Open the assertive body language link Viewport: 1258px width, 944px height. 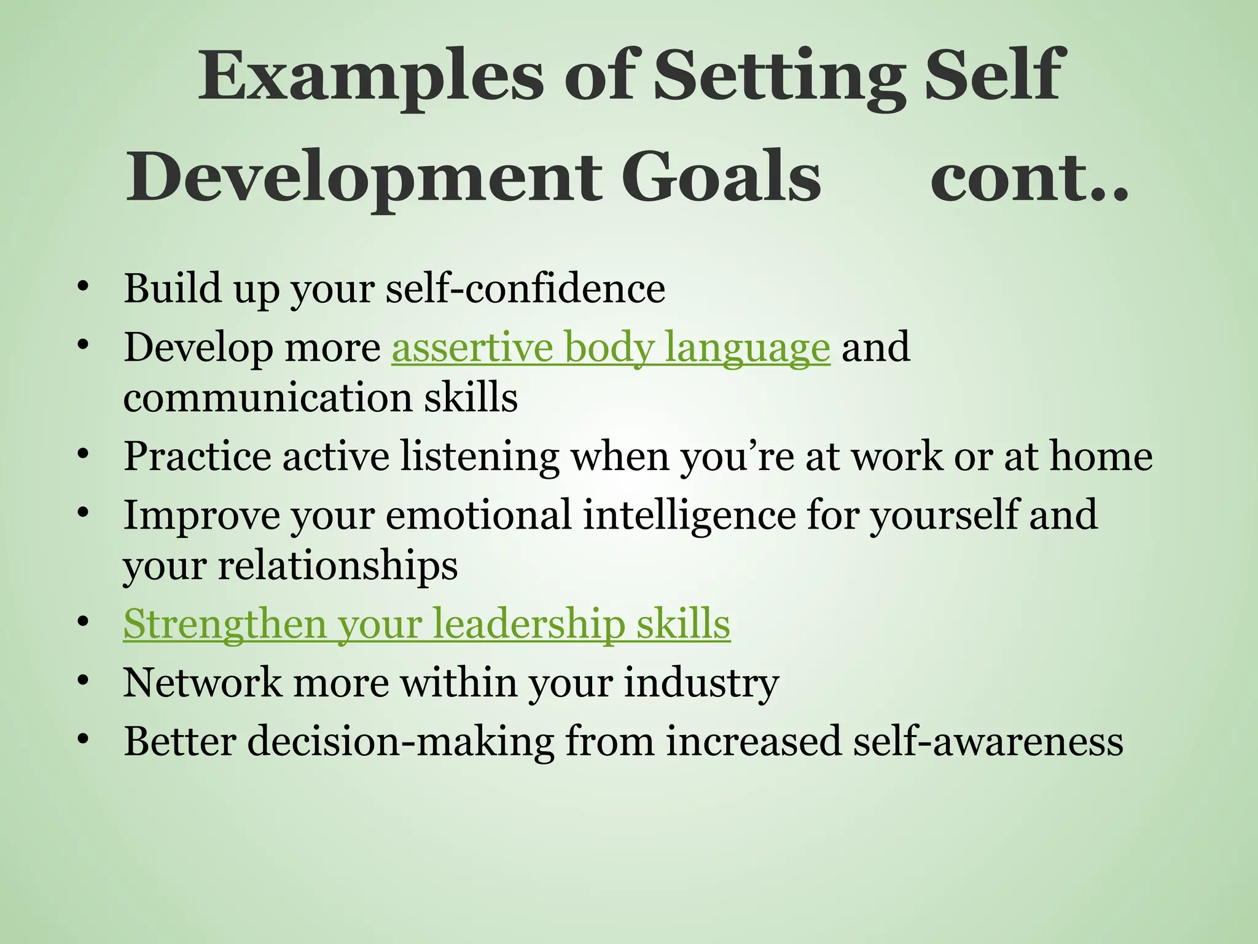click(x=611, y=347)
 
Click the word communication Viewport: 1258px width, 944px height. click(x=267, y=398)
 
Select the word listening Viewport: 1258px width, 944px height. click(x=480, y=457)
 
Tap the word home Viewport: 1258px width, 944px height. click(x=1101, y=457)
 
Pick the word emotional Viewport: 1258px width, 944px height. click(x=479, y=515)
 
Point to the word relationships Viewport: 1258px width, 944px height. click(x=337, y=565)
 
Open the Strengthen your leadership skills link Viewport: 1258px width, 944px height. click(x=427, y=624)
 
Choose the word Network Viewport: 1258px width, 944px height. click(x=202, y=682)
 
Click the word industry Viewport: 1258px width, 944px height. click(x=701, y=682)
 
